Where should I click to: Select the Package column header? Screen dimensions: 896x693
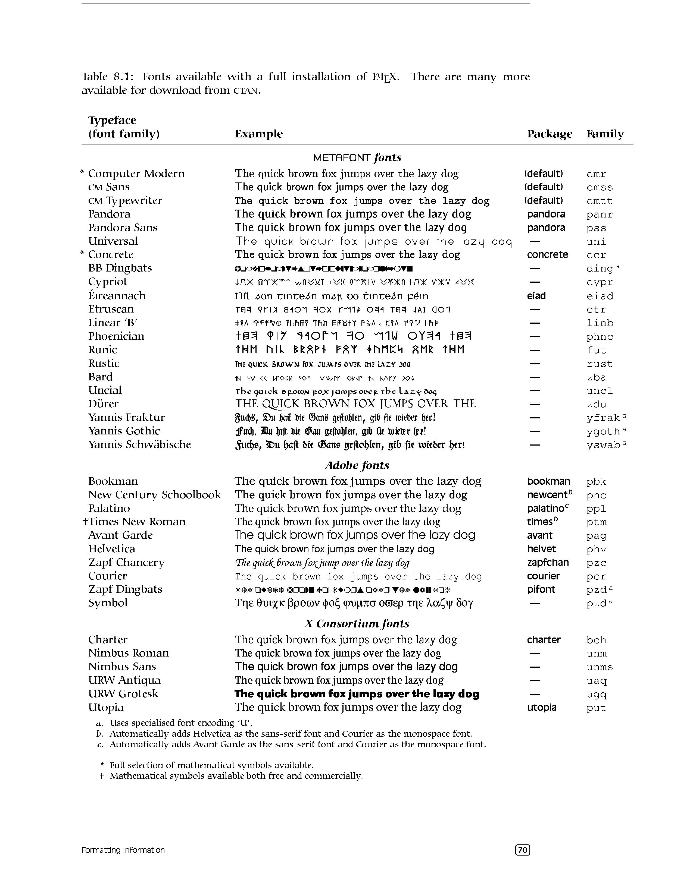pos(549,134)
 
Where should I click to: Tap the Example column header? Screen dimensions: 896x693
pos(259,134)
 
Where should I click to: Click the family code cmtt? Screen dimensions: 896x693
pos(600,201)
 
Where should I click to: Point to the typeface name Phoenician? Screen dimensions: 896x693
pos(116,336)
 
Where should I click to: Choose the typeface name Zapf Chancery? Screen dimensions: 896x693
pos(126,563)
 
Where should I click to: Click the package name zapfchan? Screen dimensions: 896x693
pos(548,563)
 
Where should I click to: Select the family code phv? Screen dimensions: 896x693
pos(596,549)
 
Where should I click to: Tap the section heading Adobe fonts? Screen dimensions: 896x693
pos(357,465)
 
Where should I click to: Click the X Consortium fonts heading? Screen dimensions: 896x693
pos(357,624)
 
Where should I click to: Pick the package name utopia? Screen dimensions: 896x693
pos(542,707)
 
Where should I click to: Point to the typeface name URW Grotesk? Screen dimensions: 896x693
pos(123,694)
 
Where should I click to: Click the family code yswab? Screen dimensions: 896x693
pos(603,445)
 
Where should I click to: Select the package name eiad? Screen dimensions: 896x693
pos(536,296)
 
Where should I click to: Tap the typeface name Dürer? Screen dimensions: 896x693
pos(104,404)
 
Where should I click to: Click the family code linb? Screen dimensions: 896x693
pos(600,323)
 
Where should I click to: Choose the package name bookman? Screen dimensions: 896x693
pos(548,481)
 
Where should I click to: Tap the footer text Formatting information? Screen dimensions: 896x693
pos(123,850)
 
